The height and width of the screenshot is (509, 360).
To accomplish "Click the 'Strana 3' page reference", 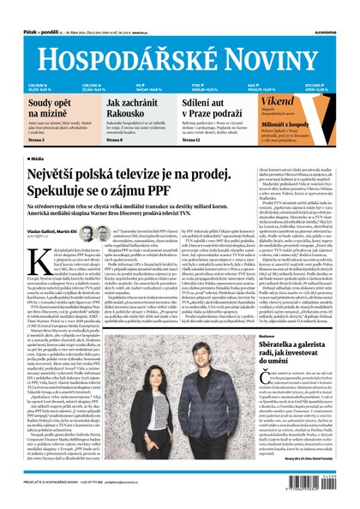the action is click(37, 138).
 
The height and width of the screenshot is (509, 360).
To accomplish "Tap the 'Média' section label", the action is click(39, 159).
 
